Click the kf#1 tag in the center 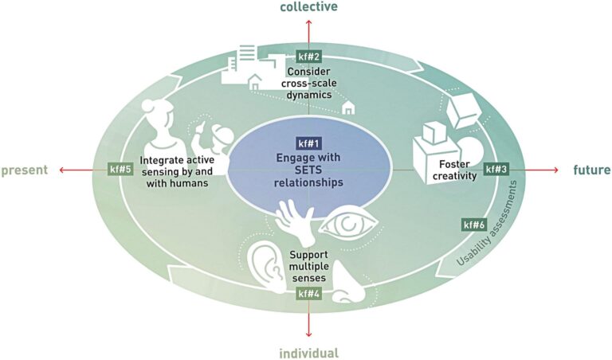[x=308, y=143]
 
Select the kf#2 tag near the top [x=308, y=57]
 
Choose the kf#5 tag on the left [x=120, y=170]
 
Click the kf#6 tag [x=475, y=225]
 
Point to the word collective [x=308, y=7]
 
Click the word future [x=591, y=170]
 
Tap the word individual [x=308, y=353]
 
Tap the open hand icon [x=294, y=217]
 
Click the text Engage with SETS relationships [x=308, y=170]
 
